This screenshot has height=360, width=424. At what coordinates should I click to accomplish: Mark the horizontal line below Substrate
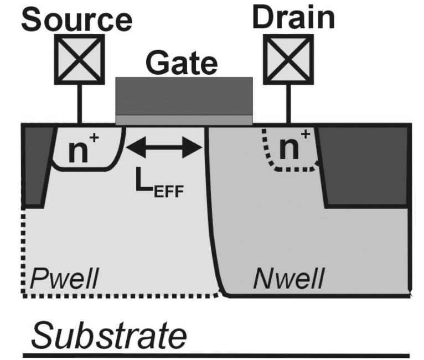(x=216, y=355)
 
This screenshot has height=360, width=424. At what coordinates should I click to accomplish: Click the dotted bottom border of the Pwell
(x=122, y=296)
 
